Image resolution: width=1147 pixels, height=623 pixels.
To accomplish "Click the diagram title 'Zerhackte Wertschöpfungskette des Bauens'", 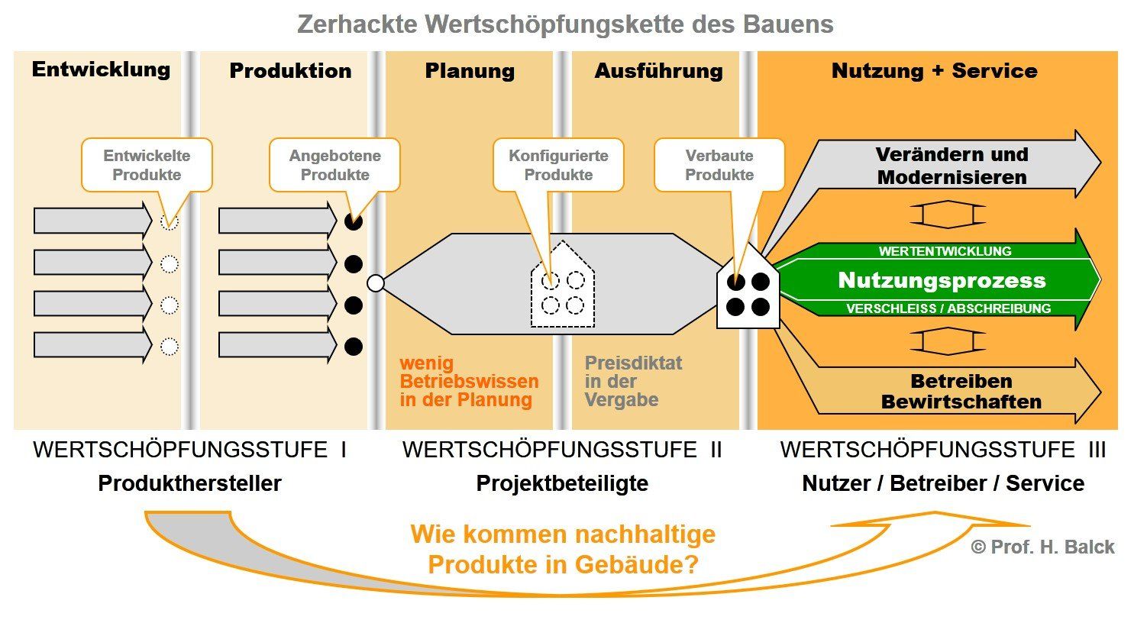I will [565, 24].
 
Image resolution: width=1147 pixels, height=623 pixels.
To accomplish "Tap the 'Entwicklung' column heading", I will [101, 69].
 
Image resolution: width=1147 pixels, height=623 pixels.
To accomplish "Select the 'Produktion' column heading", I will [290, 71].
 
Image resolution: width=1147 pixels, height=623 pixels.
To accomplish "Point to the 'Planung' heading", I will [470, 71].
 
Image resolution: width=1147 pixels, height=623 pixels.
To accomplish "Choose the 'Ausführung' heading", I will [658, 71].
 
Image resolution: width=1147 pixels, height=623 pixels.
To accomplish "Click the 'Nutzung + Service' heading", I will [934, 71].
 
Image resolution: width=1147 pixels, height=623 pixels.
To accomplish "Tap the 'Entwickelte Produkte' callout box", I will [147, 165].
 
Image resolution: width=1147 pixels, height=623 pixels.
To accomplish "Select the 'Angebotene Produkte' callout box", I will [334, 165].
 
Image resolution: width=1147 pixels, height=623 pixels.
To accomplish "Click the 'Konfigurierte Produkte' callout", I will [558, 165].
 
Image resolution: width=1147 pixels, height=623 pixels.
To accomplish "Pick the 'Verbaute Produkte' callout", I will [719, 165].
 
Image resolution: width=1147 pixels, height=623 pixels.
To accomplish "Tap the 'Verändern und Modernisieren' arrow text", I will [952, 166].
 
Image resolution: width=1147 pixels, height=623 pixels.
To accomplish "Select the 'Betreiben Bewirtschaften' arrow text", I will [961, 391].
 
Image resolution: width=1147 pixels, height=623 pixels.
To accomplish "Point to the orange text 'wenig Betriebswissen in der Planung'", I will [469, 381].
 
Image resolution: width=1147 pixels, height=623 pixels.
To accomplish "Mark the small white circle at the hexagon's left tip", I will [375, 283].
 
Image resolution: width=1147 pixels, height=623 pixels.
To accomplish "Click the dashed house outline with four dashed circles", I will [563, 286].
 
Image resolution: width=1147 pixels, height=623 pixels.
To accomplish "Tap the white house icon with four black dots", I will [748, 291].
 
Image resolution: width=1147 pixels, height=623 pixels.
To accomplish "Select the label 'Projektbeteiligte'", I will [562, 483].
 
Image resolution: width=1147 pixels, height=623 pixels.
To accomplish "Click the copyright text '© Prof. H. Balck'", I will [1042, 547].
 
